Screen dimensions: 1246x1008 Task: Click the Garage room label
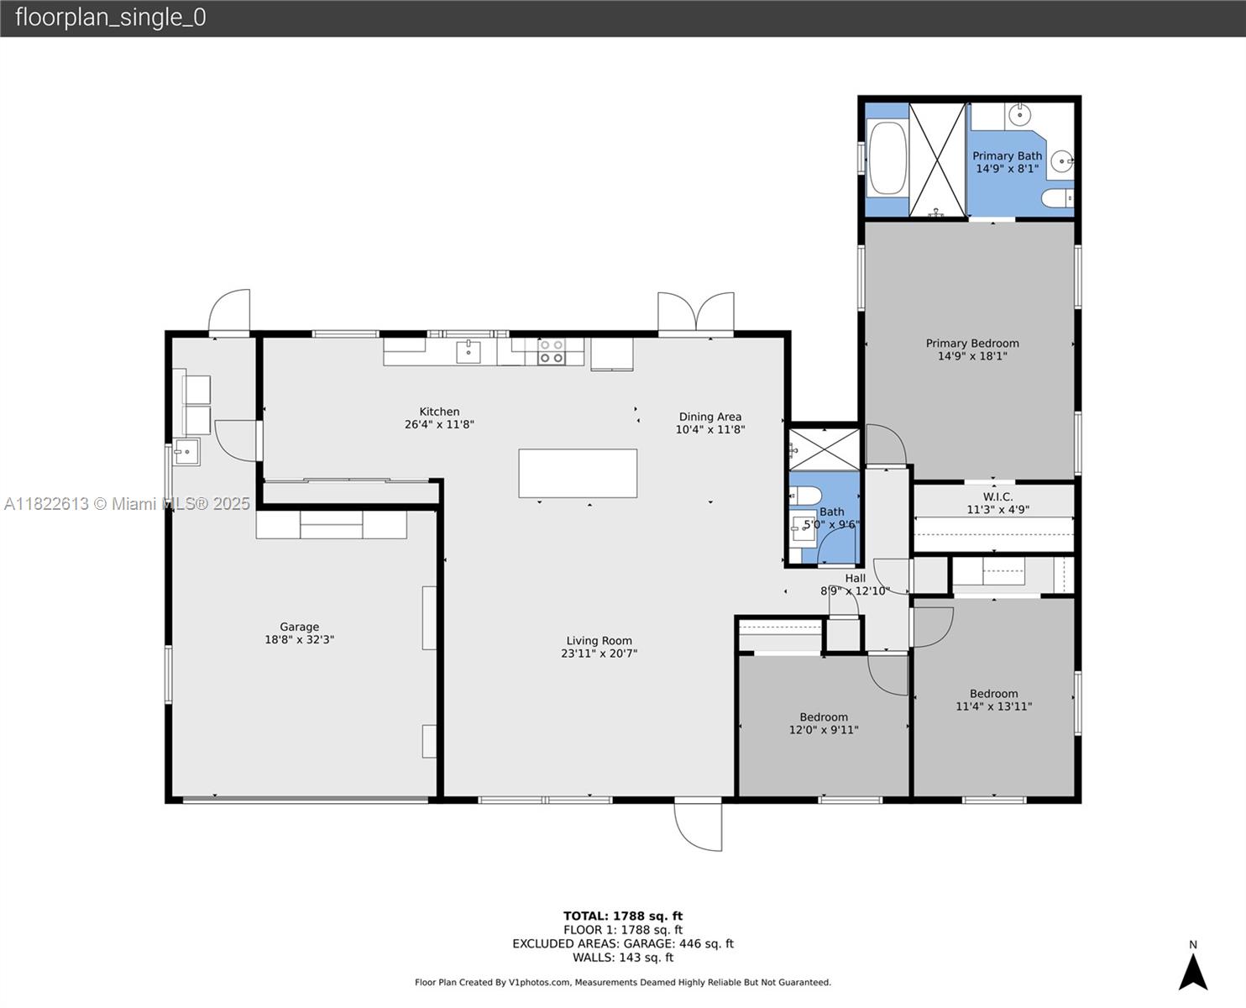coord(299,627)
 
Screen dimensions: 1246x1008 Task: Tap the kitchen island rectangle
coord(578,473)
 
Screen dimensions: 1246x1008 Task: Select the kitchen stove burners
coord(551,352)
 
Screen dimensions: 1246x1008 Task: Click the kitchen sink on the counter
coord(468,352)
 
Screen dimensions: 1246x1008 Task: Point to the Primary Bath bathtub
coord(887,157)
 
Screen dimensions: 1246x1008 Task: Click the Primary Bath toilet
coord(1058,198)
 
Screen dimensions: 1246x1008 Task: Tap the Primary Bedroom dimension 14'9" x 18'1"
coord(972,355)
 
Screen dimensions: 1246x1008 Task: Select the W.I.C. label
coord(998,496)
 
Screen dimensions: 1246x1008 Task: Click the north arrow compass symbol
coord(1193,972)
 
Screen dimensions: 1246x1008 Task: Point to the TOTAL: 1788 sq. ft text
coord(623,916)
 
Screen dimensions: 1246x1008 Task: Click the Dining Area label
coord(710,417)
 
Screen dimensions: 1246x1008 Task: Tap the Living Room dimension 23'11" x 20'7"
coord(599,653)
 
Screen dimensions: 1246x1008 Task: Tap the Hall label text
coord(856,578)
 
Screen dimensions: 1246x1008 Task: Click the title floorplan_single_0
coord(111,18)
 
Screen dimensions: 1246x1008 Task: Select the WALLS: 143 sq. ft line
coord(623,958)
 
